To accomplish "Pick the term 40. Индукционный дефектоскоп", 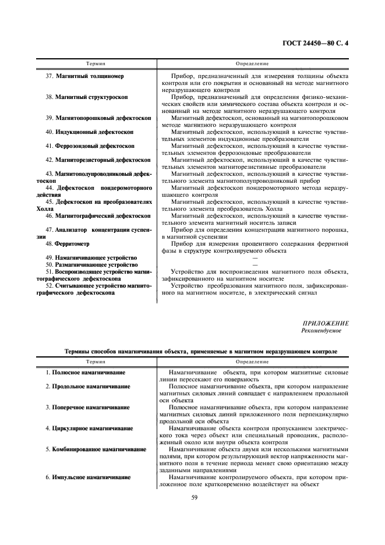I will click(89, 132).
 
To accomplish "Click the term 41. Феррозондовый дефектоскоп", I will click(90, 146).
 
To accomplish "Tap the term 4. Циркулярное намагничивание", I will click(89, 428).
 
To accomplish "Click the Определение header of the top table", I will click(252, 63).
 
